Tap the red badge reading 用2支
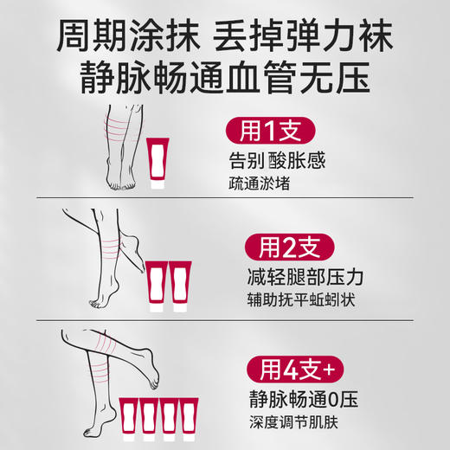[x=283, y=250]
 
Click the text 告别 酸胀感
[x=285, y=164]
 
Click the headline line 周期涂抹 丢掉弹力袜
[x=225, y=35]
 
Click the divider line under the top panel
[x=225, y=201]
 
